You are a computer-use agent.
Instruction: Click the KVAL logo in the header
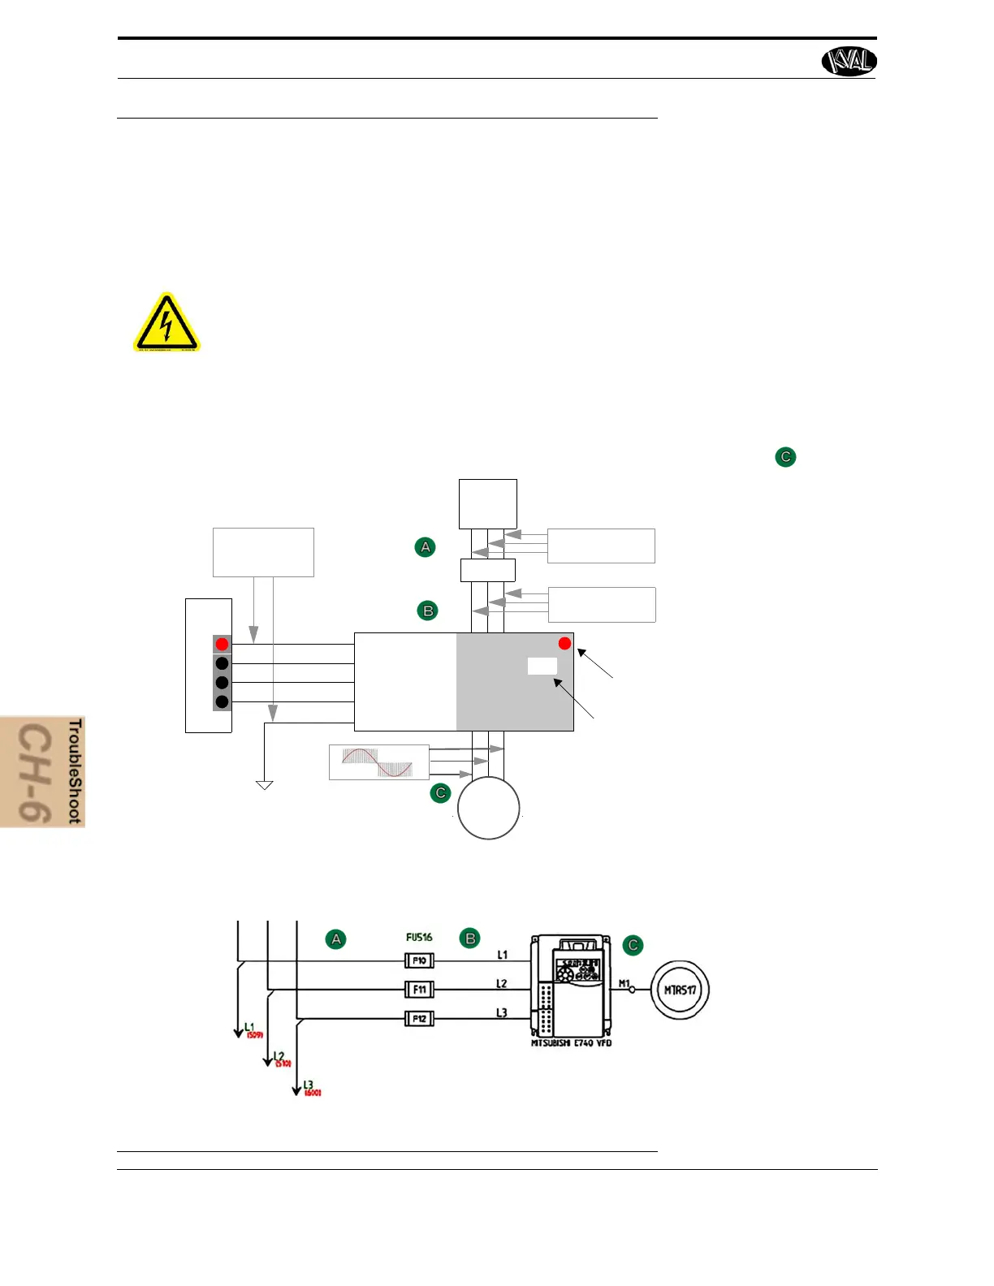click(849, 61)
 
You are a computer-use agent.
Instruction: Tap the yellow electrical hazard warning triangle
click(166, 325)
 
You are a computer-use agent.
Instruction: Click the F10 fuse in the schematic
click(419, 960)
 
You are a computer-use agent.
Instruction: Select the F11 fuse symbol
click(419, 990)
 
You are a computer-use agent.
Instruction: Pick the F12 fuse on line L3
click(419, 1019)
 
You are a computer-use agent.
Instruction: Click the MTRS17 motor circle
click(681, 990)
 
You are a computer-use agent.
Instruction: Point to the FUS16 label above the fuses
click(419, 937)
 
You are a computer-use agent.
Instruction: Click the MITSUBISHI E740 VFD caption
click(571, 1043)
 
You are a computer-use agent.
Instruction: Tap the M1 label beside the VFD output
click(624, 983)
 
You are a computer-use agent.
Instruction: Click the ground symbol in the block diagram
click(264, 785)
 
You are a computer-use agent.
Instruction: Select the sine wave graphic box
click(378, 762)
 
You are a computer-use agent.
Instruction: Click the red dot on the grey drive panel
click(564, 644)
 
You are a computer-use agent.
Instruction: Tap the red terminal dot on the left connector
click(222, 645)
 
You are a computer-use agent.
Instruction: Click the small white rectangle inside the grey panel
click(542, 667)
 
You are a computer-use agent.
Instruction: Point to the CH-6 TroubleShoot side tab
click(43, 771)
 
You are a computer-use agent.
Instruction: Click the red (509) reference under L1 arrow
click(255, 1035)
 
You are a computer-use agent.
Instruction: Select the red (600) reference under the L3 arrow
click(313, 1093)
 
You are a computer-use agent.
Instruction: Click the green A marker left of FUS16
click(335, 939)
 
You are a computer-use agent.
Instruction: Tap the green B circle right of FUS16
click(470, 939)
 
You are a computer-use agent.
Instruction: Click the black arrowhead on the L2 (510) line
click(267, 1062)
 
